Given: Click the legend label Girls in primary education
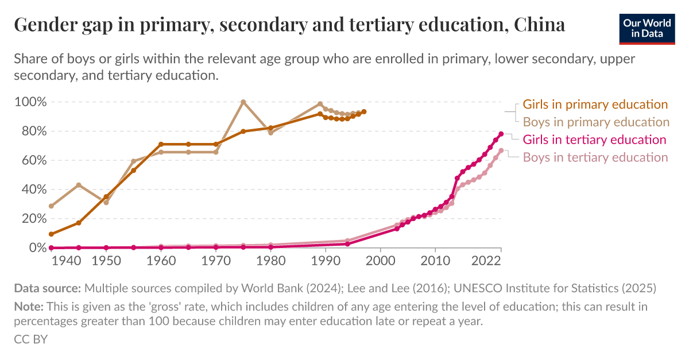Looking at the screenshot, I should [595, 104].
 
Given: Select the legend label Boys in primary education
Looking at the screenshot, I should [596, 122].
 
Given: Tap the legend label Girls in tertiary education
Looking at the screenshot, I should [594, 140].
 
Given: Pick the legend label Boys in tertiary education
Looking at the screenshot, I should [595, 157].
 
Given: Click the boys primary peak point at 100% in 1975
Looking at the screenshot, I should [243, 102].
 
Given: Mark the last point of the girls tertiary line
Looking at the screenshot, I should [501, 134].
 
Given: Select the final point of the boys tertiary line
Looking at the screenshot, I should [501, 150].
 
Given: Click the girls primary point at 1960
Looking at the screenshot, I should [161, 144].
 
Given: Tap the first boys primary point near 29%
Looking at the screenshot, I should [52, 206].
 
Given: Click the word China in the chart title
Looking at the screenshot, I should [540, 25].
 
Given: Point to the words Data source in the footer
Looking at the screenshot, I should [48, 288].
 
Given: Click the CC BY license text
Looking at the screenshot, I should [30, 339].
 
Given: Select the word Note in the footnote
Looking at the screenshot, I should [28, 307].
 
